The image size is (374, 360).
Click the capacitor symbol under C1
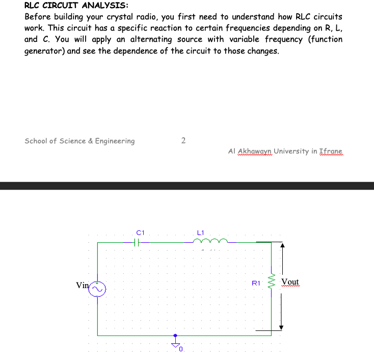137,243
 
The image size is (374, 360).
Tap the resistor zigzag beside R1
271,282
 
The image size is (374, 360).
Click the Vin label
82,286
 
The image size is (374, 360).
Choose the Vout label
290,282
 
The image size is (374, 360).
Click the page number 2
183,140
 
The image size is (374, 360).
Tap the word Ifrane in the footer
331,151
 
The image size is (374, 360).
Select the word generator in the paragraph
43,52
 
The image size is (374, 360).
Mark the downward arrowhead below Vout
282,327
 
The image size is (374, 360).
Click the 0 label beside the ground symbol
180,350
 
